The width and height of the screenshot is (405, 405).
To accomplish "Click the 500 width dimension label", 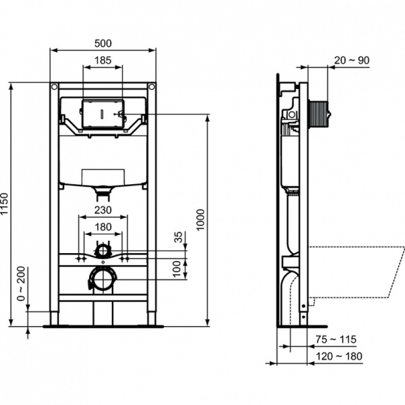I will tap(103, 43).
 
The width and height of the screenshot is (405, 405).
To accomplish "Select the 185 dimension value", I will tap(103, 61).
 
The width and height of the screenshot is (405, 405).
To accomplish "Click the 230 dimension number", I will tap(103, 210).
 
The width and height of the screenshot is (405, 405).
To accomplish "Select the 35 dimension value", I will tap(178, 238).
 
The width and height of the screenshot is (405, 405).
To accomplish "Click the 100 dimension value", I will tap(178, 268).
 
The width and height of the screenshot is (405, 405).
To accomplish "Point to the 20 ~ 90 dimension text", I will tap(352, 60).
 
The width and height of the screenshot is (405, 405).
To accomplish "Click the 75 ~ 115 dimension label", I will tap(337, 339).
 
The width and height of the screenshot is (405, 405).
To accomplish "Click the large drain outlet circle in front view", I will tap(102, 279).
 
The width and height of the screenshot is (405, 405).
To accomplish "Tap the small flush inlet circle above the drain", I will tap(103, 250).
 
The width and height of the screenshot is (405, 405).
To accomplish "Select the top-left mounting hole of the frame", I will tap(54, 87).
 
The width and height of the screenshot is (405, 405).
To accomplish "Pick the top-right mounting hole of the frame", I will tap(152, 87).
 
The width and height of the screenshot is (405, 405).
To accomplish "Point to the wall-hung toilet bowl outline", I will tap(358, 270).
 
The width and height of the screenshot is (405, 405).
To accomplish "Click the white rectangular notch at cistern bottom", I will tap(103, 177).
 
